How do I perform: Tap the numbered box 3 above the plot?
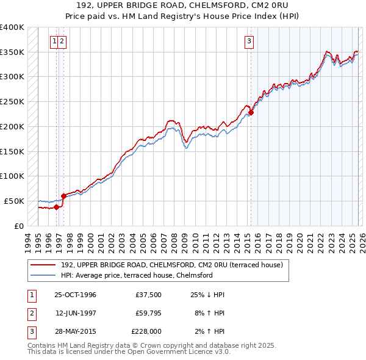pos(249,41)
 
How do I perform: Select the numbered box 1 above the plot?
pos(55,41)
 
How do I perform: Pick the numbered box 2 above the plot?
pos(62,41)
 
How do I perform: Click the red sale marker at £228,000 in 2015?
pos(251,112)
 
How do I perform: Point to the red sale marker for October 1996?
pos(57,207)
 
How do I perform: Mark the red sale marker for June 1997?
pos(63,196)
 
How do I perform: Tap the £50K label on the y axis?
pos(15,201)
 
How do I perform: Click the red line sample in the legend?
pos(44,265)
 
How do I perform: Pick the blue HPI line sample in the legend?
pos(44,276)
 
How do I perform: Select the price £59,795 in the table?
pos(146,313)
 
